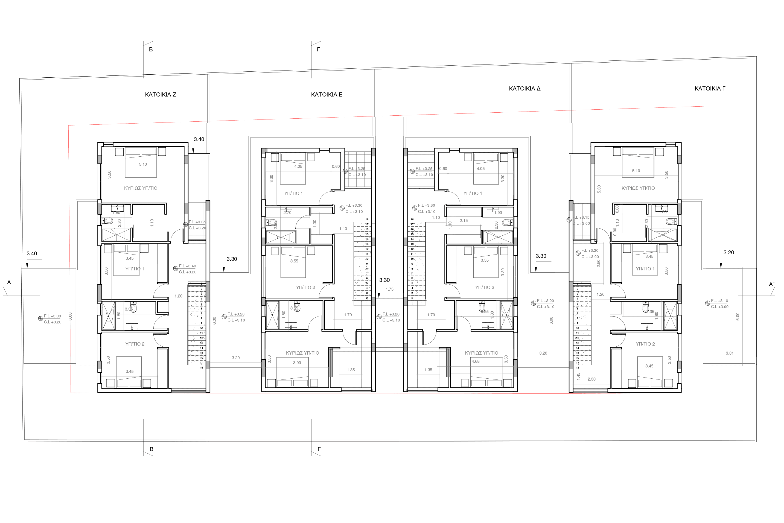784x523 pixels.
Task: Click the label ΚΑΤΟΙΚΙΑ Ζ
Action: (161, 95)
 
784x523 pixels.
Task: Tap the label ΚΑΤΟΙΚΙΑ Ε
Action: (327, 95)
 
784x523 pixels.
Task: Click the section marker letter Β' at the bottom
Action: (152, 449)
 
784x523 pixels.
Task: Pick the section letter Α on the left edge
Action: (9, 282)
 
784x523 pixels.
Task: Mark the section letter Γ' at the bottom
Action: (319, 449)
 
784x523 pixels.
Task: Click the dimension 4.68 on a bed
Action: (475, 361)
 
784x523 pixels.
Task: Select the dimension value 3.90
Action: (297, 363)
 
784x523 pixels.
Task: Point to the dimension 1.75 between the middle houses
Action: (390, 289)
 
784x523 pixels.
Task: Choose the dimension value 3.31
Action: (730, 353)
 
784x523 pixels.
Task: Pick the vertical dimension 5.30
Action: (599, 189)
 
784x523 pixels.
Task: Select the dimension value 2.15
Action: (464, 220)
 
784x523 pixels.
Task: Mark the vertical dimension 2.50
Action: (598, 264)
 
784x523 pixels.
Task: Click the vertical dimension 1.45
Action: (578, 376)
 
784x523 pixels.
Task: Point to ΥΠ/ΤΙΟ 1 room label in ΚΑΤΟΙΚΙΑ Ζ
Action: (135, 269)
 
